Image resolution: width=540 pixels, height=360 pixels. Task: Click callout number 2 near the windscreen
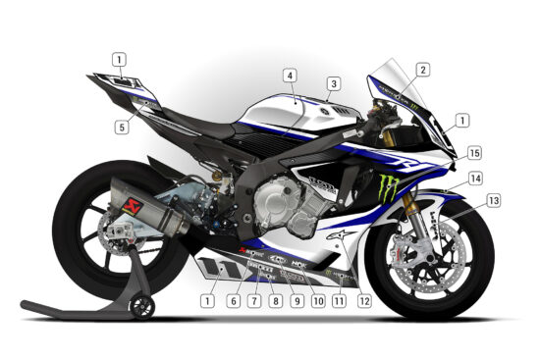[422, 70]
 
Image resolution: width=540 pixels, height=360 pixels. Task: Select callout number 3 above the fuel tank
[333, 84]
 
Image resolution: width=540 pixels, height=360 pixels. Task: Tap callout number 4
[290, 75]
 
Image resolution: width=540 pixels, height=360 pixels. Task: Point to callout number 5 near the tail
[120, 126]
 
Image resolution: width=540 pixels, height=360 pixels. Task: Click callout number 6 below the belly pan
[234, 300]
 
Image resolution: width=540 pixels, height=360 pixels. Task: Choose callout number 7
[254, 300]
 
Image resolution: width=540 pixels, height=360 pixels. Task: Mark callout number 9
[296, 300]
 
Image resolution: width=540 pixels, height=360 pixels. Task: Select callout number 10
[317, 300]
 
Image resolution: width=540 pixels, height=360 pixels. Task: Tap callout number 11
[339, 300]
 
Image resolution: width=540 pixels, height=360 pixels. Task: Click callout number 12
[364, 300]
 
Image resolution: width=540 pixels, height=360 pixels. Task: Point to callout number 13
[493, 200]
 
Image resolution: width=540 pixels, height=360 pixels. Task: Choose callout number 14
[474, 179]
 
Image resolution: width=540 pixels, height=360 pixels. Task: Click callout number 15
[474, 154]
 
